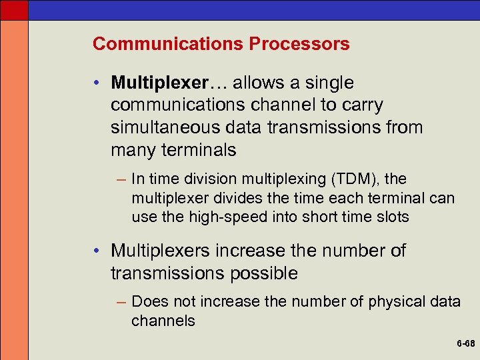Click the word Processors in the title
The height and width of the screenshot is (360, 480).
(x=299, y=44)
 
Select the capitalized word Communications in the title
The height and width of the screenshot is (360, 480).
(x=168, y=44)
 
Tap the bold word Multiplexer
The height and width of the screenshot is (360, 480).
(x=160, y=83)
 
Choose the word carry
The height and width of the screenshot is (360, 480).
(x=361, y=105)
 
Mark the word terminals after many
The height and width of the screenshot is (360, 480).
(x=199, y=150)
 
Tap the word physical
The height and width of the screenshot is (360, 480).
(x=394, y=302)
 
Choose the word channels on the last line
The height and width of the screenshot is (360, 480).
(x=163, y=321)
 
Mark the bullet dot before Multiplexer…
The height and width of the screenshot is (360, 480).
(x=97, y=84)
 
